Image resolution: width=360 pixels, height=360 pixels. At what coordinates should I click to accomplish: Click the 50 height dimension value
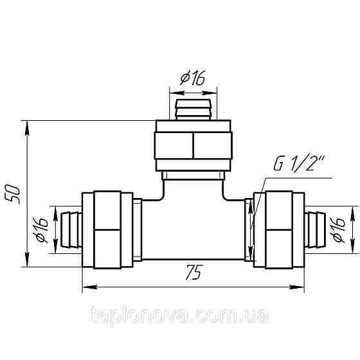17,193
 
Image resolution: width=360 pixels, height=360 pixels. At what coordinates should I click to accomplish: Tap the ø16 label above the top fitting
193,78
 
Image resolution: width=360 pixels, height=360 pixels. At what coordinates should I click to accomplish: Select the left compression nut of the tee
107,230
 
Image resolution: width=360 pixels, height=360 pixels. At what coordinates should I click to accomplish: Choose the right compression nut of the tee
278,230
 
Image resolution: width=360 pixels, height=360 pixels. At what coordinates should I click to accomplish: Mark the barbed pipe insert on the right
315,230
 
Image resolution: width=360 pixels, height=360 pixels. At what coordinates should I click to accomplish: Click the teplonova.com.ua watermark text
180,317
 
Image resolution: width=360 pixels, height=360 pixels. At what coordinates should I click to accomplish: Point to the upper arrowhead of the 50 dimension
26,127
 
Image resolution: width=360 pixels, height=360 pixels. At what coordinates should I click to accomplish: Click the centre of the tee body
193,228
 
